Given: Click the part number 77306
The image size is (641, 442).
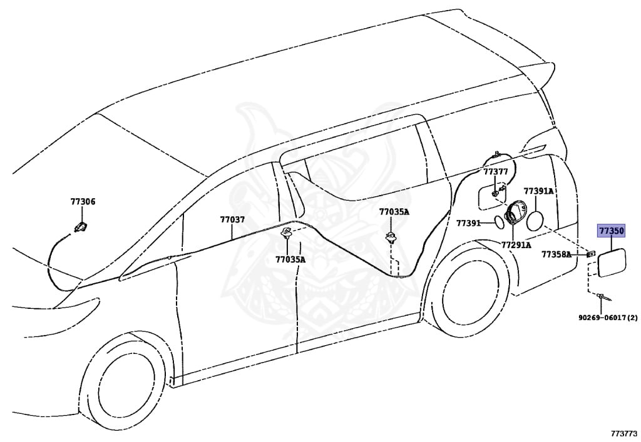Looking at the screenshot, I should click(x=83, y=202).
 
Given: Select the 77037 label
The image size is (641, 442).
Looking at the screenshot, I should click(x=232, y=219).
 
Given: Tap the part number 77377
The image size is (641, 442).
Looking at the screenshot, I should click(x=495, y=171).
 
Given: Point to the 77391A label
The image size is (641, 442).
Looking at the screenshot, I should click(x=538, y=191).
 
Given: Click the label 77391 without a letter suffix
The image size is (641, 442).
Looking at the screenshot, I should click(x=468, y=223).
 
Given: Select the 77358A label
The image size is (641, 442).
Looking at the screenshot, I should click(x=556, y=254).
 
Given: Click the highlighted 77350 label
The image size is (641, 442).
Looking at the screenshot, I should click(x=611, y=231).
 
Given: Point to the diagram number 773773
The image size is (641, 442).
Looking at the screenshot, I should click(x=623, y=433).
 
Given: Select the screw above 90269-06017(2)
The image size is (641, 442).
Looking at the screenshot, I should click(x=602, y=297).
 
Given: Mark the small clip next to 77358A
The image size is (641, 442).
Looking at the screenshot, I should click(x=589, y=254).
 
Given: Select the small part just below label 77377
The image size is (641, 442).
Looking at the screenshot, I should click(x=495, y=193).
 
